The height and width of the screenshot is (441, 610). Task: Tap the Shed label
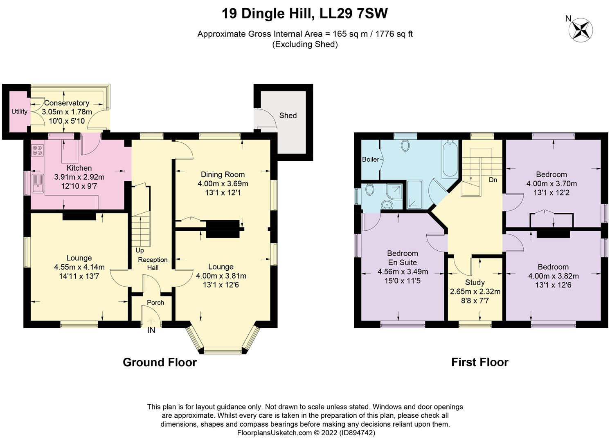point(288,116)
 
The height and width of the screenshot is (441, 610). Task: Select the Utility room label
point(19,111)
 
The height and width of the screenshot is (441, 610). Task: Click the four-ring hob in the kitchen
point(37,150)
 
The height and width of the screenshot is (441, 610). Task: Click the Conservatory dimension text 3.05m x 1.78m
point(67,112)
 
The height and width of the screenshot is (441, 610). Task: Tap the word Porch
point(155,303)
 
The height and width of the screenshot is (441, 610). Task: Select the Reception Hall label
point(153,264)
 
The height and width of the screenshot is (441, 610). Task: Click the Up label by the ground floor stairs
point(140,250)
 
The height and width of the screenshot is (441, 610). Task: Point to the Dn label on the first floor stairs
point(493,180)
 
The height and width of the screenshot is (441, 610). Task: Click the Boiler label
point(370,159)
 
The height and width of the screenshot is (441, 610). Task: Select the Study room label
point(475,282)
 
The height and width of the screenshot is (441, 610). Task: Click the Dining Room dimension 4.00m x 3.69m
point(223,183)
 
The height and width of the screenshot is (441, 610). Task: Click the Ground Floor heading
point(160,362)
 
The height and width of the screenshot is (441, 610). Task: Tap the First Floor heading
point(479,362)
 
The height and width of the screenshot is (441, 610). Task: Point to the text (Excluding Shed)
point(305,45)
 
